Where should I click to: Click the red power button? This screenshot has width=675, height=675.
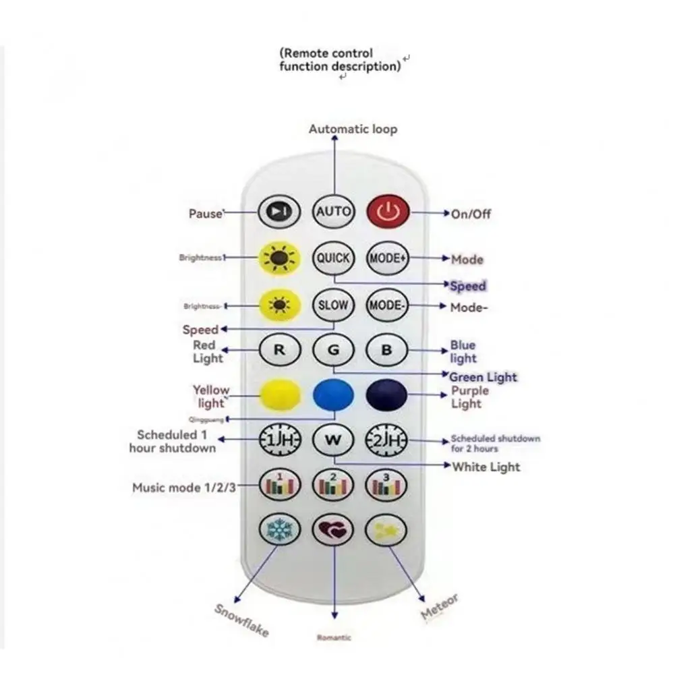tap(388, 212)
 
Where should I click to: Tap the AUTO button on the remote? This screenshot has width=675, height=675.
tap(334, 212)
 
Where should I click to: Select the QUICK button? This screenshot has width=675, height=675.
tap(334, 258)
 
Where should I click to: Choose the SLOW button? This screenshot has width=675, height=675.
tap(334, 305)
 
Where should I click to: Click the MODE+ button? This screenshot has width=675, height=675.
tap(388, 258)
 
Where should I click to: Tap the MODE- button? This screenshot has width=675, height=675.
tap(388, 305)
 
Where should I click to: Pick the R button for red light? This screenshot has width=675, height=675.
tap(279, 350)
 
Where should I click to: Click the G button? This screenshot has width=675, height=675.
tap(334, 350)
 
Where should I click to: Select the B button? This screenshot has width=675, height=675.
tap(387, 350)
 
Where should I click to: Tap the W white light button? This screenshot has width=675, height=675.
tap(334, 440)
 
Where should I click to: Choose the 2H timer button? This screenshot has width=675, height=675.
tap(387, 440)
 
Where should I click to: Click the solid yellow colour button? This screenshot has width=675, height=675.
tap(279, 394)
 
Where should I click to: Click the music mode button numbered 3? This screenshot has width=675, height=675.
tap(387, 484)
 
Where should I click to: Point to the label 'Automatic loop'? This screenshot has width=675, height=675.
tap(353, 129)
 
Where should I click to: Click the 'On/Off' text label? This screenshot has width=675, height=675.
tap(471, 214)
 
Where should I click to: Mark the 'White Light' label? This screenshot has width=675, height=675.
tap(486, 467)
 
